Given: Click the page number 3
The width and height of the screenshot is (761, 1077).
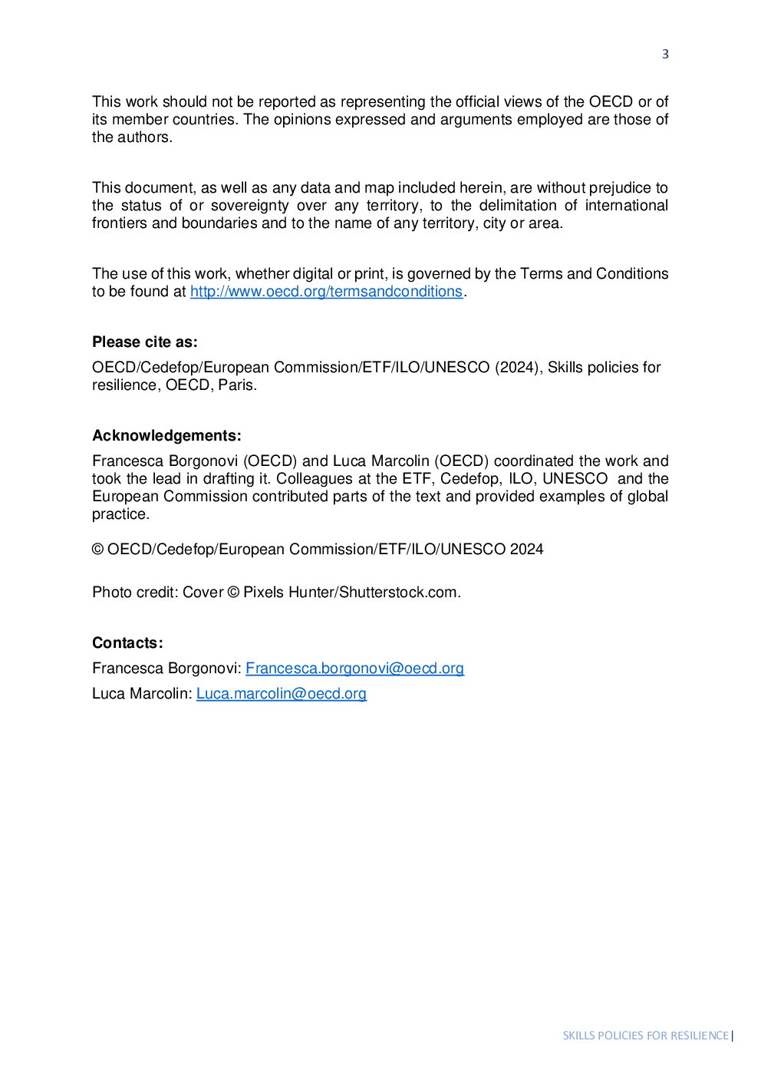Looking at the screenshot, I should pos(665,54).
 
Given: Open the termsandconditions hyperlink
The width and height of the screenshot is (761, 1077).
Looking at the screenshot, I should pos(326,292).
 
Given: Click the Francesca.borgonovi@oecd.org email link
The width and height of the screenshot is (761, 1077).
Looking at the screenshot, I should pos(354,669).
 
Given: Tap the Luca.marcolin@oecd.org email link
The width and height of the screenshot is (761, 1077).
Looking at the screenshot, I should pos(281,694).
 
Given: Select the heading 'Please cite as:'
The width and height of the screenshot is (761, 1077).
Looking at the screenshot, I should pos(145,342).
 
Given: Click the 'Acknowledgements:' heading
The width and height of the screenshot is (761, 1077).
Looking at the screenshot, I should pos(166,436).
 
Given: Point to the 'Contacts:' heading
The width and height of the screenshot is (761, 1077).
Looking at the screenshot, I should pos(127,643).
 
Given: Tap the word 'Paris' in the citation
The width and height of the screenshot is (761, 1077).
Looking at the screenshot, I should pos(235,385).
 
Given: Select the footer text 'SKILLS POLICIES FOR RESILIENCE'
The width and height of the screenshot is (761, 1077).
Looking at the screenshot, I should pos(645,1036).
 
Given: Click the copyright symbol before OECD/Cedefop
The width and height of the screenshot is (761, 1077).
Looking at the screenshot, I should pos(98,550).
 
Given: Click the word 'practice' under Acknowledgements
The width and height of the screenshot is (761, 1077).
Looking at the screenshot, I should pos(119,514).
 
